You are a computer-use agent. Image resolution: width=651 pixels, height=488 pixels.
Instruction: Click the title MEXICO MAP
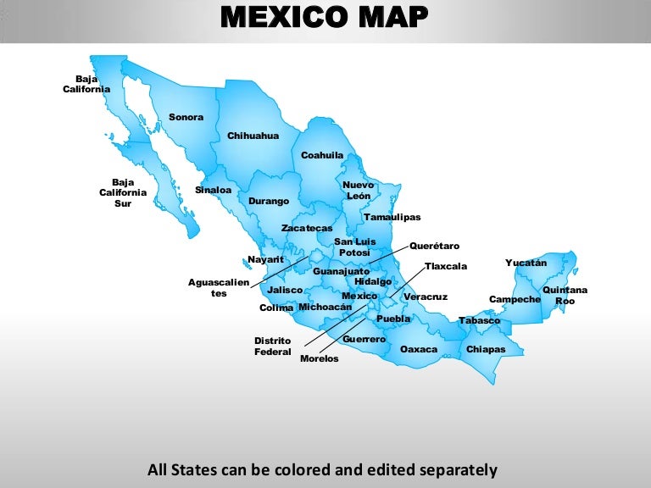(x=325, y=16)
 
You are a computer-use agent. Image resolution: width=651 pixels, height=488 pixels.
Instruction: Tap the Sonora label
(x=186, y=117)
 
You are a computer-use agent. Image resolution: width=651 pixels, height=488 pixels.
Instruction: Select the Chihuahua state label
(x=253, y=136)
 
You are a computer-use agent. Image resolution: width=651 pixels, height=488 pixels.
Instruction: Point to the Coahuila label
(x=322, y=155)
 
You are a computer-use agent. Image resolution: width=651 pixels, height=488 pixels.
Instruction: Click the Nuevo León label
(x=359, y=190)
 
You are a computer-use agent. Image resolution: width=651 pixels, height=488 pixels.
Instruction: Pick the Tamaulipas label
(x=392, y=218)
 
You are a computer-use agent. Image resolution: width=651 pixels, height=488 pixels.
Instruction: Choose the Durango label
(x=269, y=201)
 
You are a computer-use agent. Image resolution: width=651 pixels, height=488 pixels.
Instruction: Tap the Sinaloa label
(x=214, y=190)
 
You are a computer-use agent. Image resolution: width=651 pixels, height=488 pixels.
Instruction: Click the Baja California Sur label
(x=123, y=192)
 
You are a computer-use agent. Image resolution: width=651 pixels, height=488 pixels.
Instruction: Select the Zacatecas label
(x=307, y=229)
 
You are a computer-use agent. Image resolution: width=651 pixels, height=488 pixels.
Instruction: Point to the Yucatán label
(x=526, y=263)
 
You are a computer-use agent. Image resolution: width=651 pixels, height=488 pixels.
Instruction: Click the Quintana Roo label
(x=565, y=296)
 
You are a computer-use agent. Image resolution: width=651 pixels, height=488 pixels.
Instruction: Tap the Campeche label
(x=515, y=299)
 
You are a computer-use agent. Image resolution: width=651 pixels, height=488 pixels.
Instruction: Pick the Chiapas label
(x=486, y=349)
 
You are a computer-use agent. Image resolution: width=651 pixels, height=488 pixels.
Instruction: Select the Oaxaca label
(x=419, y=349)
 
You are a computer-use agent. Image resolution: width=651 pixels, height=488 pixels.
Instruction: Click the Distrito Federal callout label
(x=273, y=346)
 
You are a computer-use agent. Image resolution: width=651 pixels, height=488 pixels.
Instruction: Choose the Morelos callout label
(x=320, y=358)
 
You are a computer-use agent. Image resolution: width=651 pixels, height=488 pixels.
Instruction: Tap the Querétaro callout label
(x=434, y=246)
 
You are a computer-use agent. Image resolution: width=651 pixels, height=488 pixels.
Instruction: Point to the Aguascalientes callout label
(x=219, y=287)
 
